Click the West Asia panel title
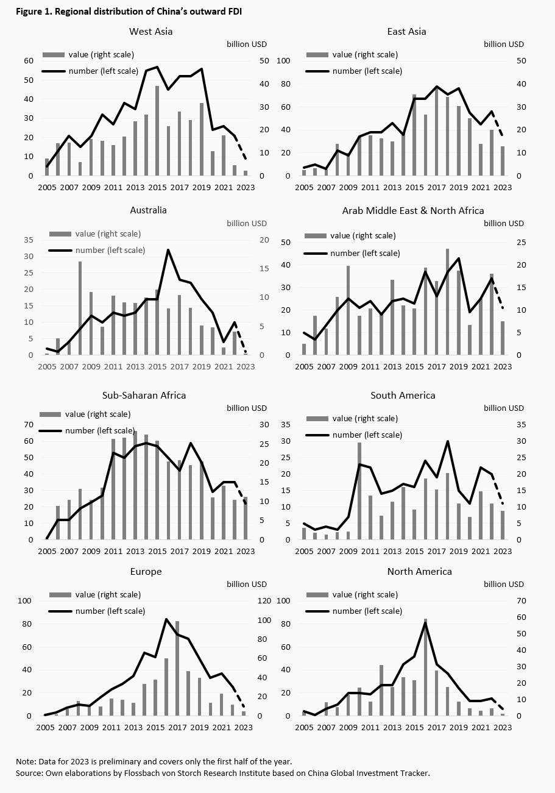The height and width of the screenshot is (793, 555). [150, 31]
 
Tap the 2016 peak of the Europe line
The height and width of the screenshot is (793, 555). [166, 619]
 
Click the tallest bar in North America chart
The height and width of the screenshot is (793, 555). [425, 667]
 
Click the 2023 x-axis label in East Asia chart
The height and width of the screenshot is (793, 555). [503, 188]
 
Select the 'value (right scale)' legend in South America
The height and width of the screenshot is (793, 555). [364, 419]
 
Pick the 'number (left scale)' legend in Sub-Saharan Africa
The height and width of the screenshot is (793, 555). [91, 430]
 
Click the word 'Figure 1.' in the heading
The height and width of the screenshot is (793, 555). [27, 12]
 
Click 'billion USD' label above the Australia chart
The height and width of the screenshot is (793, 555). [247, 223]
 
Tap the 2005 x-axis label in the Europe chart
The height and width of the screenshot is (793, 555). [45, 727]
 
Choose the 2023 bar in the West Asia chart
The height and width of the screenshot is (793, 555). [246, 173]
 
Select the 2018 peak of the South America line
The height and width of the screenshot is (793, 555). [448, 441]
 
